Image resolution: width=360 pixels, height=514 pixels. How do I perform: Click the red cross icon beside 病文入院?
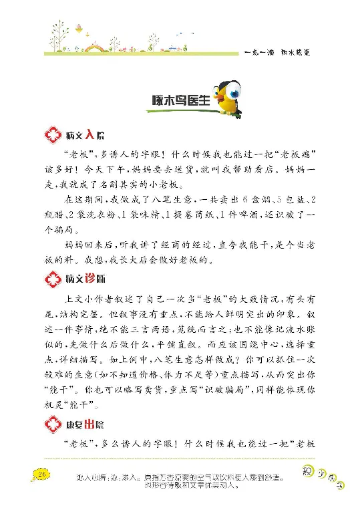click(51, 135)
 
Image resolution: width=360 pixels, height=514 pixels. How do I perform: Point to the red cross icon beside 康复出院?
click(51, 424)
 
